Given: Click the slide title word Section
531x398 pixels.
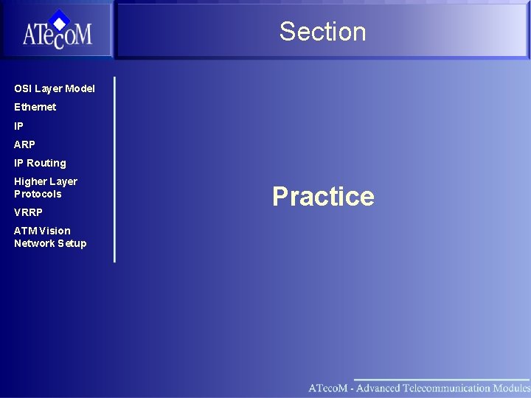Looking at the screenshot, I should pyautogui.click(x=322, y=32).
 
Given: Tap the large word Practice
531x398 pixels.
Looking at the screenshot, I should pyautogui.click(x=323, y=196).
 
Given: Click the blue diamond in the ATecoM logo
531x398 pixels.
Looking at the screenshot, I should pyautogui.click(x=59, y=20).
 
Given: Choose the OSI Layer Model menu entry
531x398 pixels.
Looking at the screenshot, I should pyautogui.click(x=55, y=88).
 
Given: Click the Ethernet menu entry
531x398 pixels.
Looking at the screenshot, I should pyautogui.click(x=35, y=107).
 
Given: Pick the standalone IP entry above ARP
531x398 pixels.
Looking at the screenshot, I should pyautogui.click(x=18, y=126).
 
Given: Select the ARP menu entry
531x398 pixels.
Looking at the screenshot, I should pyautogui.click(x=24, y=144).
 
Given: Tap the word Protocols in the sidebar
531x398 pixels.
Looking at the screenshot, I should pyautogui.click(x=38, y=194).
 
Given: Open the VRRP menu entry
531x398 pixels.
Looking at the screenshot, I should pyautogui.click(x=28, y=212).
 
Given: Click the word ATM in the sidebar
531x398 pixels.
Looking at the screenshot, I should pyautogui.click(x=24, y=231).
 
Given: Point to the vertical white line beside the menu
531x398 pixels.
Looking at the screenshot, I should pyautogui.click(x=114, y=170).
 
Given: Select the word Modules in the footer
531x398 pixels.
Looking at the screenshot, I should pyautogui.click(x=511, y=388).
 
